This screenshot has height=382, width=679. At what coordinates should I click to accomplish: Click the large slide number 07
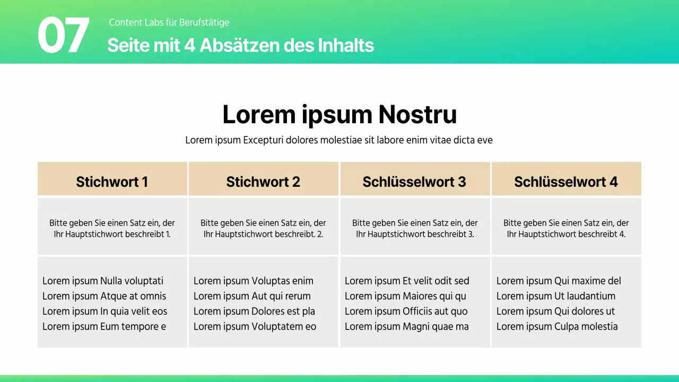click(63, 36)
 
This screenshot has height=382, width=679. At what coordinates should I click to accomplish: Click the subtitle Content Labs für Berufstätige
click(169, 22)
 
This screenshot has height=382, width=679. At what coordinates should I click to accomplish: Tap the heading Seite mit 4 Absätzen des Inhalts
click(240, 46)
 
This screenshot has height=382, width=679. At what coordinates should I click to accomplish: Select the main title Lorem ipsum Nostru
click(339, 114)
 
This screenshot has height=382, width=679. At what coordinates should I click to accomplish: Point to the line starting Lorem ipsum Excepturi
click(339, 140)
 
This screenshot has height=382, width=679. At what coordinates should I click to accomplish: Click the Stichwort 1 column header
click(112, 181)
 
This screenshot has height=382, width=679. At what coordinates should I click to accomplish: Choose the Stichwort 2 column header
click(263, 181)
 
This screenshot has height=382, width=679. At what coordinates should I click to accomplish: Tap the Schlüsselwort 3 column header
click(414, 181)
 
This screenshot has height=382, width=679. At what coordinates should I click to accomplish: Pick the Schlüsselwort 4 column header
click(566, 181)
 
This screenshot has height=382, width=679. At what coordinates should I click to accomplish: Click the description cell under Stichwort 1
click(112, 228)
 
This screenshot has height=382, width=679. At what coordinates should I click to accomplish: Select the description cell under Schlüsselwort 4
click(566, 228)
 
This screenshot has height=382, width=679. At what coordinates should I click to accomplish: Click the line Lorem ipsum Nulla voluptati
click(103, 281)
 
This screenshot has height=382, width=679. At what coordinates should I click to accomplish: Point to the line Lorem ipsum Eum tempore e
click(104, 326)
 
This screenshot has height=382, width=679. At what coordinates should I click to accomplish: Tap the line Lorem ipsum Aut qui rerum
click(252, 296)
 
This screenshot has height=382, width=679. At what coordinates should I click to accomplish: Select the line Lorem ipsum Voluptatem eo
click(255, 326)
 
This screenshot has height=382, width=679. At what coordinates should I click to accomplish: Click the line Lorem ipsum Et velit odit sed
click(407, 281)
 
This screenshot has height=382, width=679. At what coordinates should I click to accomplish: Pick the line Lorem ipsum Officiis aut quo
click(406, 311)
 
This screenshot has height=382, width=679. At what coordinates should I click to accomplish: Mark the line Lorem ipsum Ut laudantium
click(556, 296)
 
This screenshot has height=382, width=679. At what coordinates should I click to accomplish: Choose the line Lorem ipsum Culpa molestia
click(557, 326)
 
